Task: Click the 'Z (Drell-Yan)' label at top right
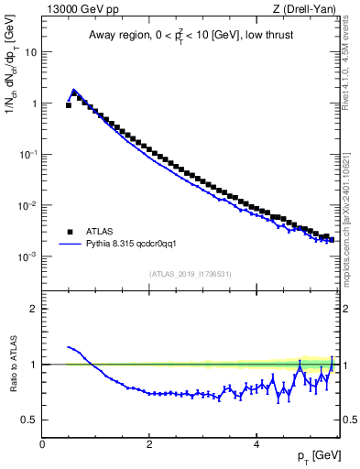tap(306, 10)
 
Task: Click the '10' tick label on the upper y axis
tap(31, 52)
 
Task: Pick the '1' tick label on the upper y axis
tap(34, 104)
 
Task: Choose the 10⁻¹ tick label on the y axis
tap(28, 155)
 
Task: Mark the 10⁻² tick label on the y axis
tap(28, 206)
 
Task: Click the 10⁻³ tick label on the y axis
tap(28, 257)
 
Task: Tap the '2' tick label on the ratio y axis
tap(34, 309)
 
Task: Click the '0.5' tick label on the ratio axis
tap(30, 420)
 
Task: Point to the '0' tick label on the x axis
tap(42, 443)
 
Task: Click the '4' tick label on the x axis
tap(256, 443)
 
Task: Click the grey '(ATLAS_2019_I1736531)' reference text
tap(191, 274)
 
